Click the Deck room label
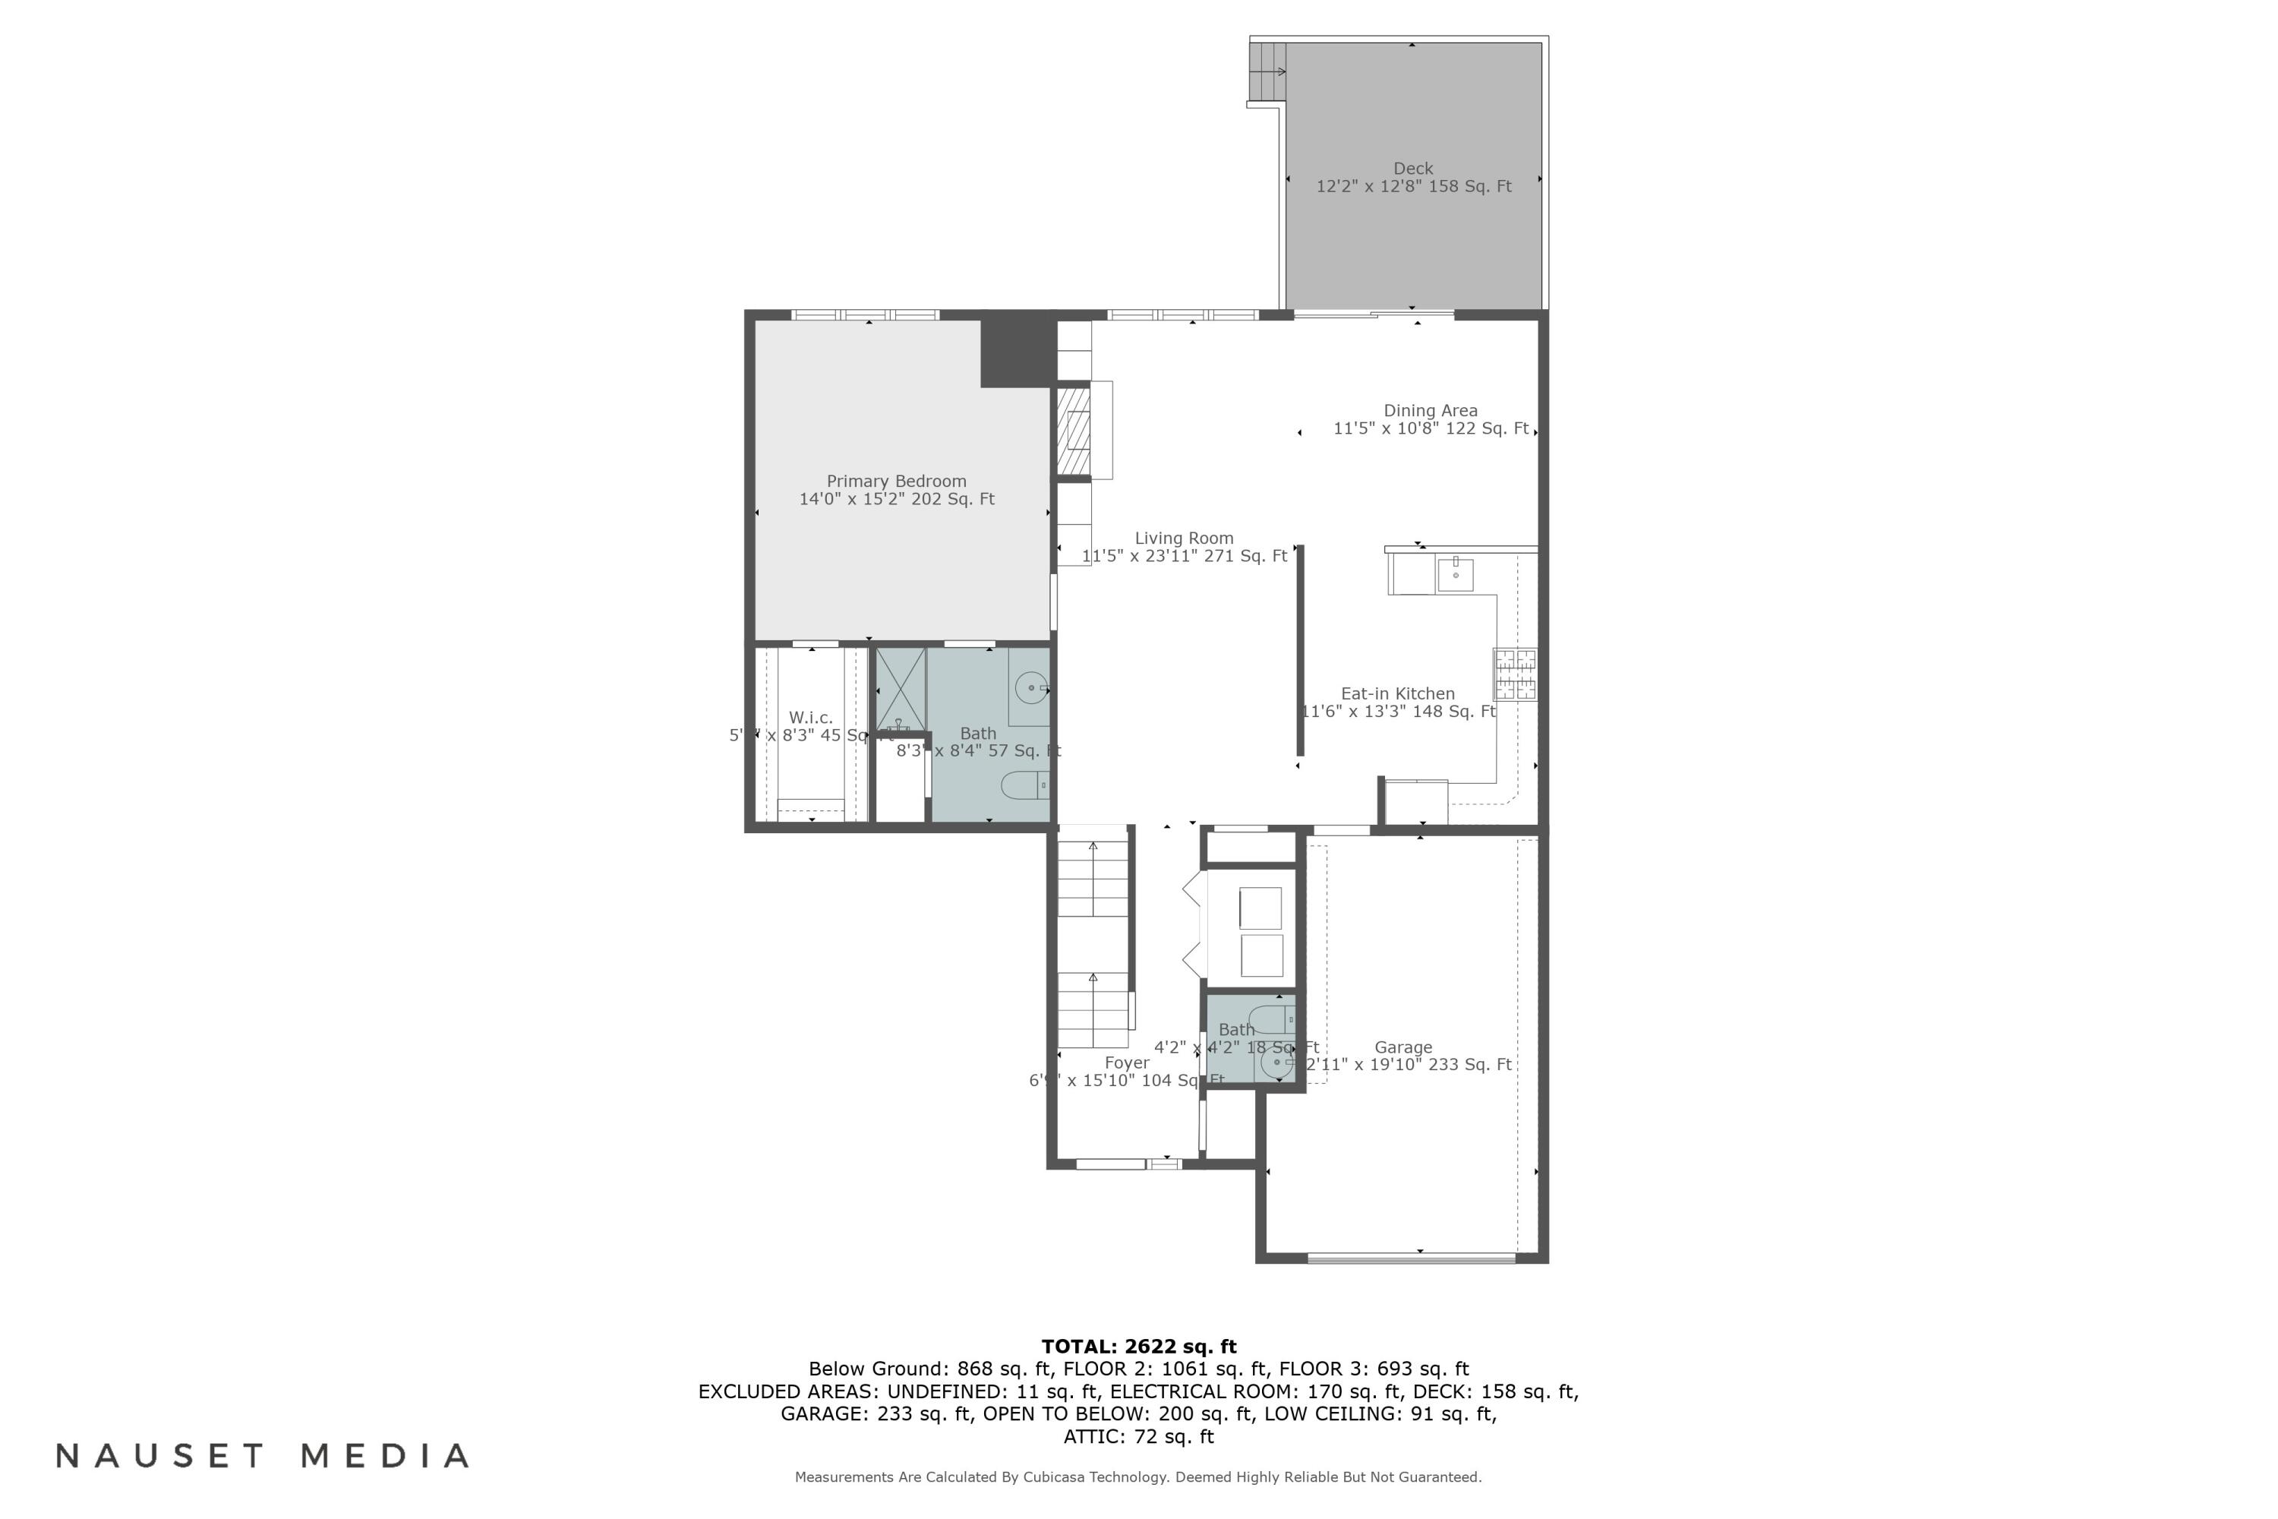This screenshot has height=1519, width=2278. [1412, 169]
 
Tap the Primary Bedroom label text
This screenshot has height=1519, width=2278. [896, 482]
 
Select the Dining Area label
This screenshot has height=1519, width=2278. [1430, 411]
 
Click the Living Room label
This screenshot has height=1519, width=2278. [1184, 538]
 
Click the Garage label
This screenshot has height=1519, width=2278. [1402, 1047]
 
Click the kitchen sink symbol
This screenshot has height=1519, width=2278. [1455, 573]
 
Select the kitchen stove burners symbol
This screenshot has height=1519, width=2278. [1514, 674]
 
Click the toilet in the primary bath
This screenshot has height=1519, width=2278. [1024, 785]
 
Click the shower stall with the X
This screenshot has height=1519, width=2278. [900, 690]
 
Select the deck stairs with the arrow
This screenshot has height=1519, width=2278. [1267, 71]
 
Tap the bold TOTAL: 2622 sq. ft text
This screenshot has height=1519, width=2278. [1138, 1347]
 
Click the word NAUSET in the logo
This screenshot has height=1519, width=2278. [159, 1456]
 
